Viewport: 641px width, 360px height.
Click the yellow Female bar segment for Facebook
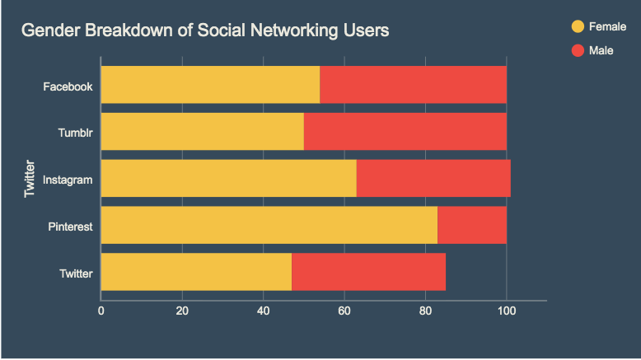point(210,85)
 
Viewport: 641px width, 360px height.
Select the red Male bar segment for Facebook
point(413,85)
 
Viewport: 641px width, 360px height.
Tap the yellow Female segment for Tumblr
point(202,132)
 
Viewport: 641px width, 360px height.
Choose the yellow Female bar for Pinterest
point(269,226)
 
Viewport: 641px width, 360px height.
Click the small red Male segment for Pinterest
point(471,226)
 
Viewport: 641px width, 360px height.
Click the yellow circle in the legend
point(578,26)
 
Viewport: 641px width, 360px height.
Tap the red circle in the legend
point(578,50)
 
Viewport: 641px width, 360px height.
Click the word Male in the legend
point(601,50)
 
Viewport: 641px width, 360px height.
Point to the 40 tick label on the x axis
point(263,311)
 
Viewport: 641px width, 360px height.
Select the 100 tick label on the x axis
point(506,311)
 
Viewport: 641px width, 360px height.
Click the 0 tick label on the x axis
point(101,311)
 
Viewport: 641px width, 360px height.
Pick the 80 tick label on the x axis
point(425,311)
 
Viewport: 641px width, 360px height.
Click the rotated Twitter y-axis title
point(30,179)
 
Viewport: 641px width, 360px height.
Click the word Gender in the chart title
point(48,31)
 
